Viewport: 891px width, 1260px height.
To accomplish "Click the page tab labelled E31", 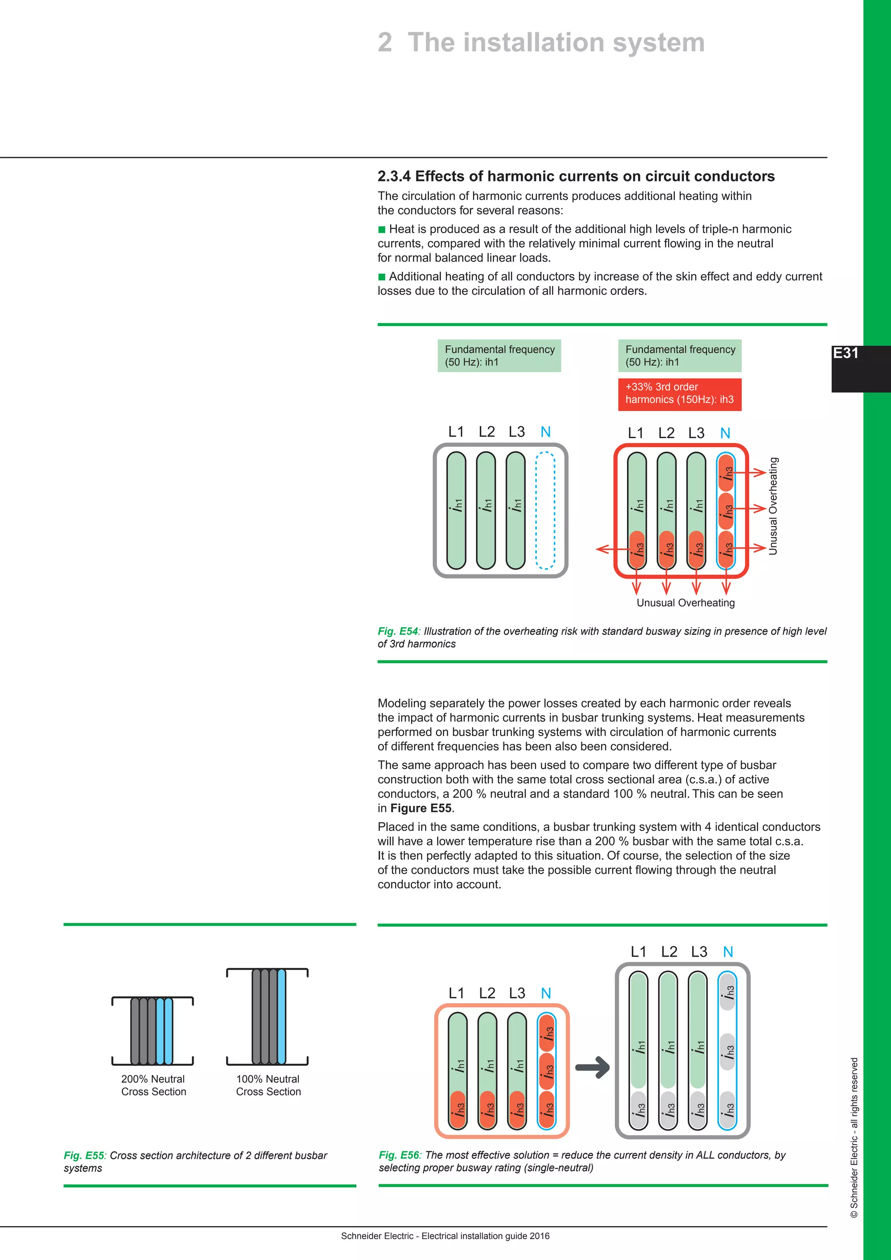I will tap(846, 353).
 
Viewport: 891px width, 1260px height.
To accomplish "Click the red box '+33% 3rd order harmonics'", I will tap(679, 393).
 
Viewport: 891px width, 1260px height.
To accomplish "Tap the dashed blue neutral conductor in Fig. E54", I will tap(545, 510).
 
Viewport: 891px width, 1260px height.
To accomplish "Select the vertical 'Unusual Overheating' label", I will tap(773, 506).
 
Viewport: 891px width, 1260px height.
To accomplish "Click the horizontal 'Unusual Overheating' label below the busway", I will tap(685, 603).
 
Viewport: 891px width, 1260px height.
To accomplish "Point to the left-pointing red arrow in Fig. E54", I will tap(604, 549).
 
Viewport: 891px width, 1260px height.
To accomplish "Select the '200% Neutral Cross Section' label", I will tap(154, 1085).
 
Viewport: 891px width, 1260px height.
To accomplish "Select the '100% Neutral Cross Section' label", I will tap(268, 1085).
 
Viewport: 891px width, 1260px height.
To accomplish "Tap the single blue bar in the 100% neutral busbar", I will tap(281, 1016).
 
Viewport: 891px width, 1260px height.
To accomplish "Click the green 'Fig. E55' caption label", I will tap(84, 1155).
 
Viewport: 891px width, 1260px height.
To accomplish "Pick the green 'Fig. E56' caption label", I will tap(399, 1155).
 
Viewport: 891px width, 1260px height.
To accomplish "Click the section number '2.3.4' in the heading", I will tap(393, 176).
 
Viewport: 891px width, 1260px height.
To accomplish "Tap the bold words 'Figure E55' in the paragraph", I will tap(421, 808).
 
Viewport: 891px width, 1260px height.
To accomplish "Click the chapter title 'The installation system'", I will tap(556, 42).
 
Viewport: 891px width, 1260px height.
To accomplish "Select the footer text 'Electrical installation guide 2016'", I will tap(485, 1236).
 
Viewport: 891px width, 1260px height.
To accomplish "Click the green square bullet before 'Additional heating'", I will tap(382, 277).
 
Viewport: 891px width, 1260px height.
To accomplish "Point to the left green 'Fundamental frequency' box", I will tap(499, 355).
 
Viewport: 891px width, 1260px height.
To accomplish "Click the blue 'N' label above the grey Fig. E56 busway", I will tap(727, 952).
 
